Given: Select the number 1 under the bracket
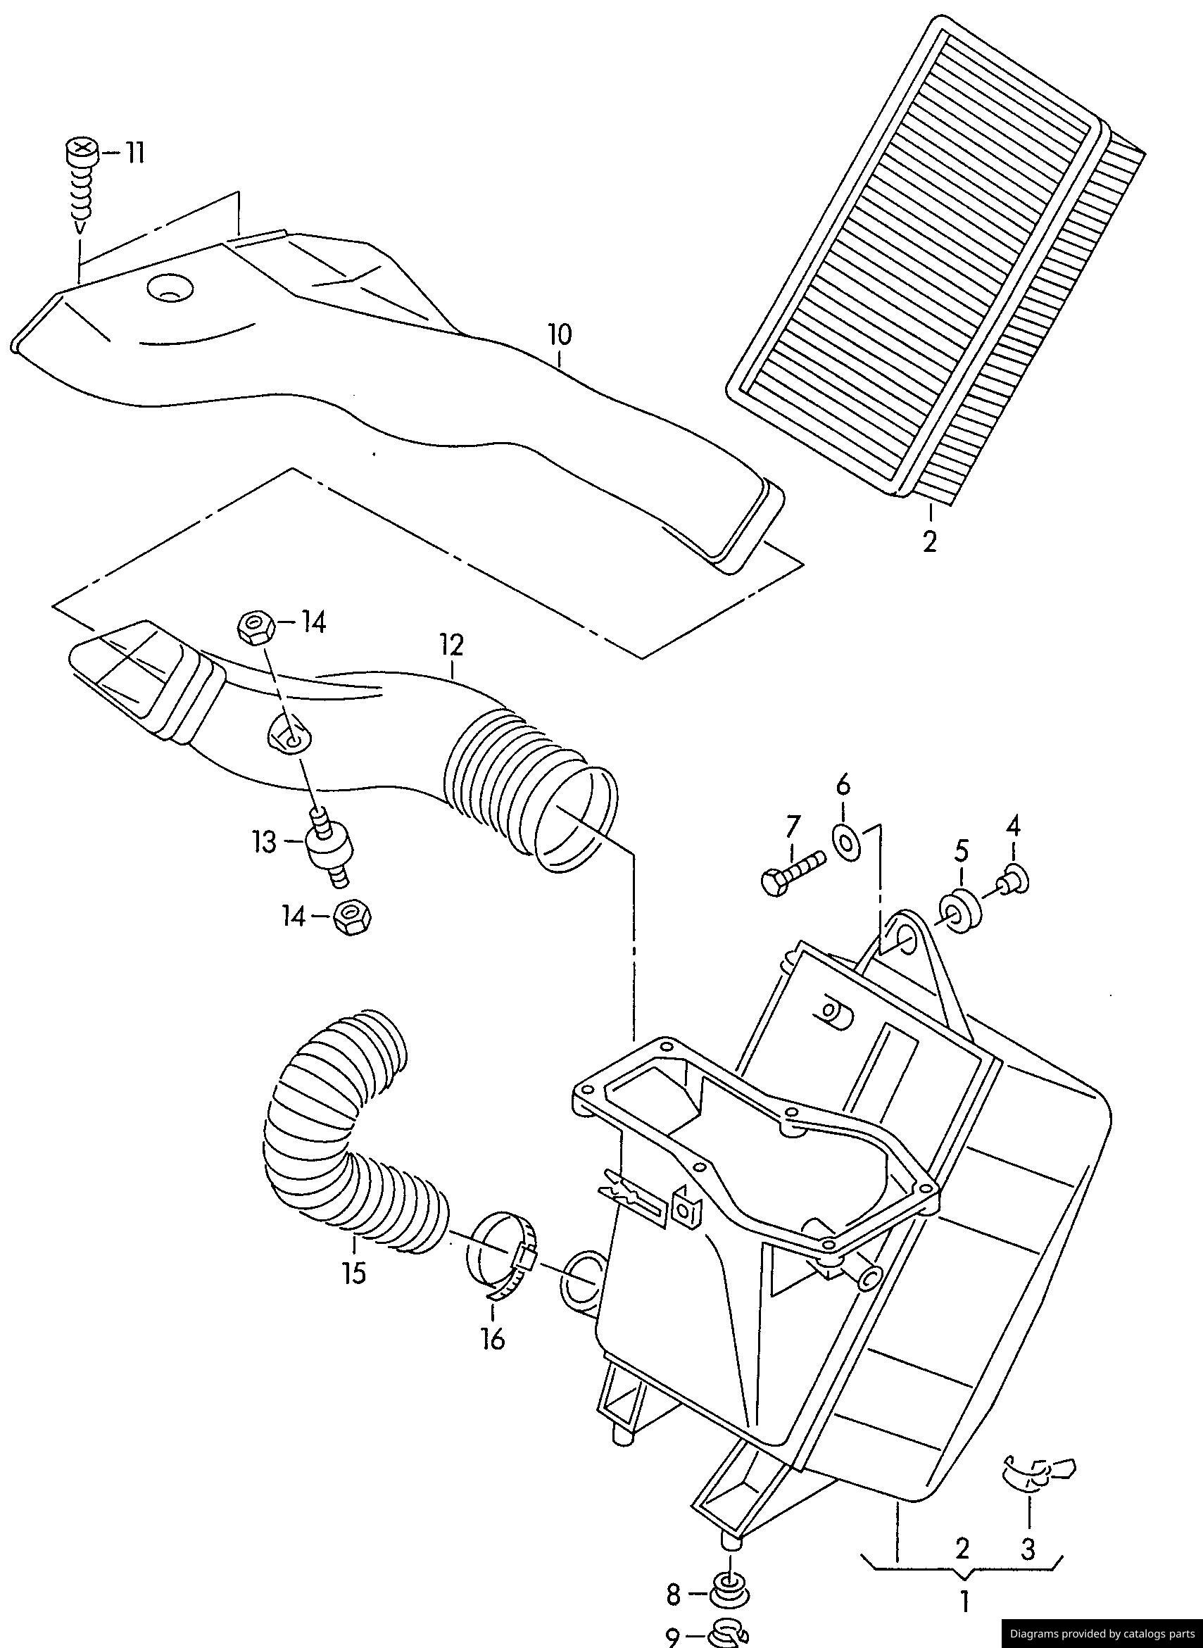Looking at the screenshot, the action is [x=964, y=1598].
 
